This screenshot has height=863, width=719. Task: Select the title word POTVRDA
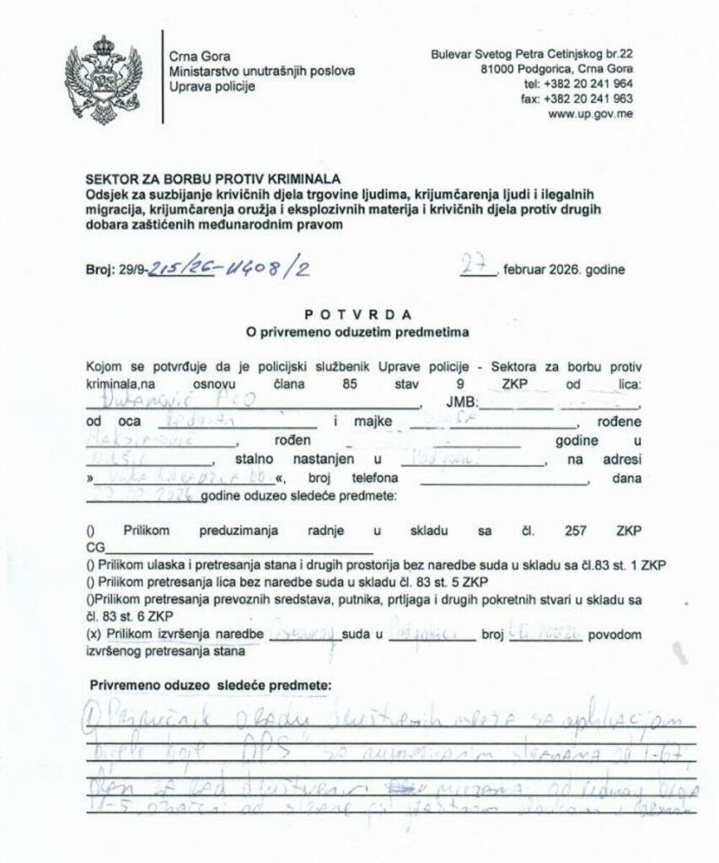coord(358,315)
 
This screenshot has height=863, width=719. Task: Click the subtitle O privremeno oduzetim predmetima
coord(358,332)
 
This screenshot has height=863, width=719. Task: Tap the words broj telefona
coord(365,479)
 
